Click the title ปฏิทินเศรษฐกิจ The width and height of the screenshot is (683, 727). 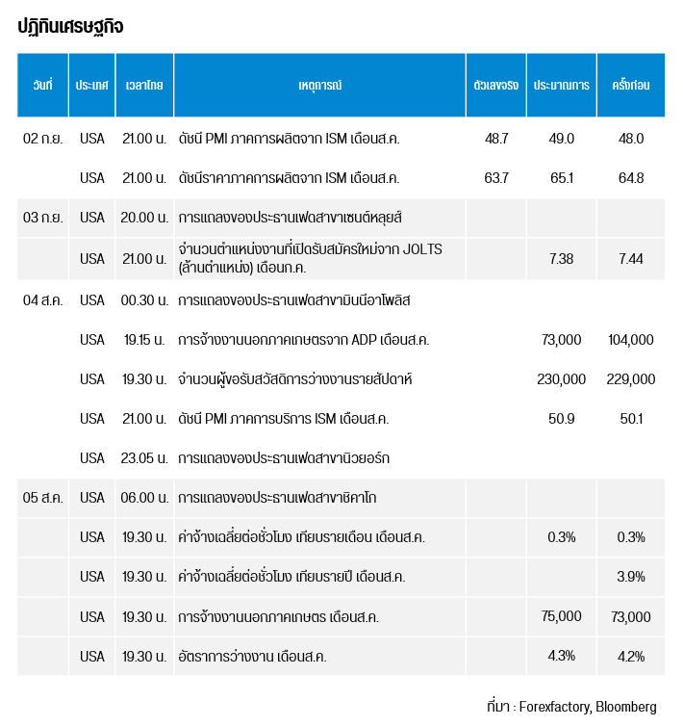point(70,26)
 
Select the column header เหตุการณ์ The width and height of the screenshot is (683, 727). point(320,85)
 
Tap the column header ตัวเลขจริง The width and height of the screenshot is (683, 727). point(496,85)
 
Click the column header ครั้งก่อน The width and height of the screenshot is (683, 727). point(631,85)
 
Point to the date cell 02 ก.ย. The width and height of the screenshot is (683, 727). point(43,139)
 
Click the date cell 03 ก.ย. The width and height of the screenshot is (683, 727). point(43,218)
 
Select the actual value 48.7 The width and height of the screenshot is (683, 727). point(496,139)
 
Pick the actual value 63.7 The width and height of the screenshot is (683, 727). point(496,178)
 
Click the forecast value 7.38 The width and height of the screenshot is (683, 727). point(561,258)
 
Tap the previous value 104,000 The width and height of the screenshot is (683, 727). point(631,339)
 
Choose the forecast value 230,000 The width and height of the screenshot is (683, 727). point(561,379)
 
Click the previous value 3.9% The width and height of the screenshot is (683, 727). point(631,577)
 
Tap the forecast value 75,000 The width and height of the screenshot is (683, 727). point(561,616)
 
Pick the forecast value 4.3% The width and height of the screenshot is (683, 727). point(561,657)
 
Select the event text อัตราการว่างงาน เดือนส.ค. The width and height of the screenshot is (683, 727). point(253,657)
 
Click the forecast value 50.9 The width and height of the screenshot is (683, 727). point(561,419)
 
